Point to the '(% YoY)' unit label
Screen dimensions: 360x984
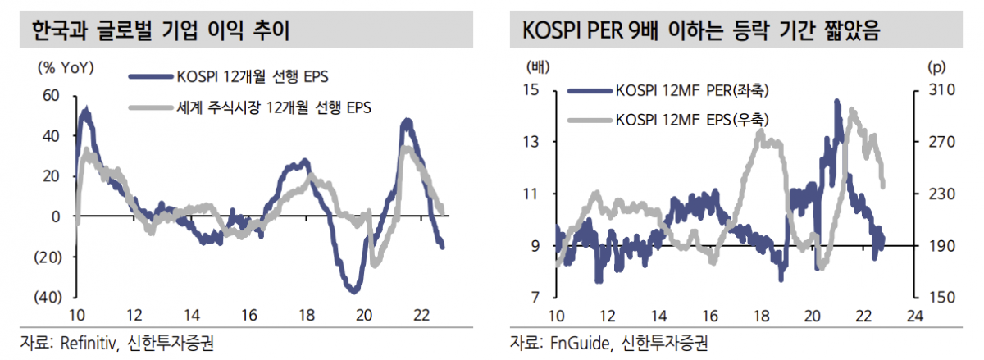[x=65, y=66]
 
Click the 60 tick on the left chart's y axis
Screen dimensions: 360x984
[x=51, y=96]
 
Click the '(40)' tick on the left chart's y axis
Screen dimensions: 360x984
[x=47, y=297]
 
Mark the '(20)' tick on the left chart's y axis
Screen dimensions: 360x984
[x=47, y=257]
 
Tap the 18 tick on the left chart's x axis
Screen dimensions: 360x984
[x=307, y=316]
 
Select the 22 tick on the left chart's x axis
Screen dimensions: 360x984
[x=422, y=316]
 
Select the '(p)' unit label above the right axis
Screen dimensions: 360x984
[x=936, y=66]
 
